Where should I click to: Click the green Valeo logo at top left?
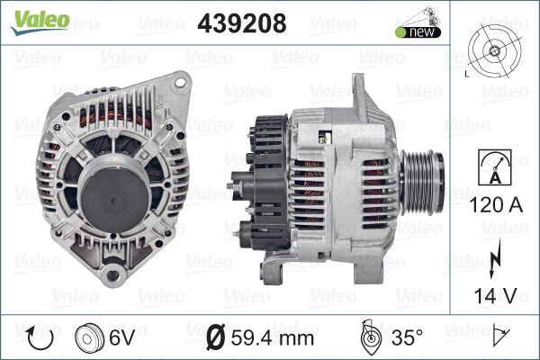[x=40, y=22]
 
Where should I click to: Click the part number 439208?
[x=242, y=23]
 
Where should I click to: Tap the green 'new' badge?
[x=418, y=32]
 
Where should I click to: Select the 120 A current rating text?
[x=496, y=204]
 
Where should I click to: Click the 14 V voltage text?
[x=496, y=295]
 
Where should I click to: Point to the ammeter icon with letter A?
[x=495, y=167]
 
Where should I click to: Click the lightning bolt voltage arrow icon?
[x=494, y=258]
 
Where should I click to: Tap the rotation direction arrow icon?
[x=40, y=337]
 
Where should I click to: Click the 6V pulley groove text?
[x=121, y=337]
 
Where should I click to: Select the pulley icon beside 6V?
[x=89, y=338]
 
